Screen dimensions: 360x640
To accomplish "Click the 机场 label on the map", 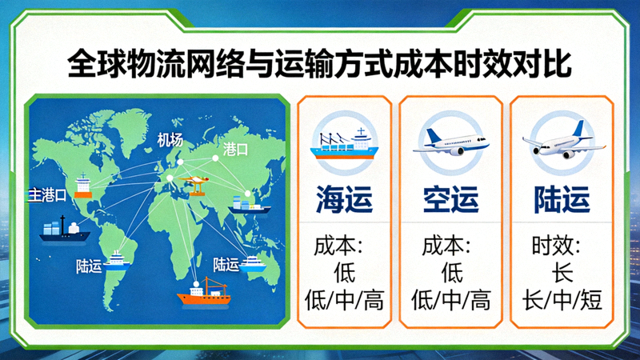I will pos(170,139).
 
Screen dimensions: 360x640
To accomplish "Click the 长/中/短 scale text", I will pos(562,300).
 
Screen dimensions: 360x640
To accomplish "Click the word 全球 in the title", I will pos(93,64).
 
